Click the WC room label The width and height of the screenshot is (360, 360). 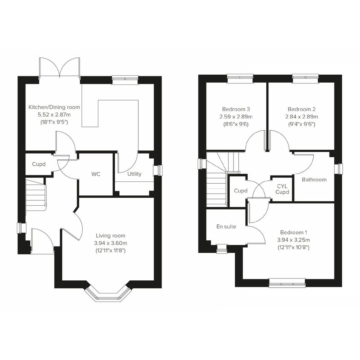(96, 174)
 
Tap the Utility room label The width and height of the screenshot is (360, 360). (134, 174)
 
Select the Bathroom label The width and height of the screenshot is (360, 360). (314, 179)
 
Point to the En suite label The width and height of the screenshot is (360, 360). (226, 227)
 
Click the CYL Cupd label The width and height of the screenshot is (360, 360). (282, 189)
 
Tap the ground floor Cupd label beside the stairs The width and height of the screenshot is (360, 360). (39, 164)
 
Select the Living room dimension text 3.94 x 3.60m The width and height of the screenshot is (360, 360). (110, 243)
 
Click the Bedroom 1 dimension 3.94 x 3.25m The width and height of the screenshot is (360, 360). (293, 240)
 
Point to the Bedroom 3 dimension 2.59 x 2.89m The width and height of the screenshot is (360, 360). (236, 117)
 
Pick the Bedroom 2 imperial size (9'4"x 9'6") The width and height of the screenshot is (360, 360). (302, 124)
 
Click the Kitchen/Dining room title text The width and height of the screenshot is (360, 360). (54, 107)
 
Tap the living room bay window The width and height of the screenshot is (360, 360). (108, 294)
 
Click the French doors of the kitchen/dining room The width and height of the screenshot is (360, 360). (60, 67)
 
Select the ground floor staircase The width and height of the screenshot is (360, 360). (36, 195)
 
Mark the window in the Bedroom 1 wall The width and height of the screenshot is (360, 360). (287, 283)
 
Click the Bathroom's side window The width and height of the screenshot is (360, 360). (339, 169)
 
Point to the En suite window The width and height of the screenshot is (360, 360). (222, 249)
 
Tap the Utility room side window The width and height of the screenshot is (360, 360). (157, 170)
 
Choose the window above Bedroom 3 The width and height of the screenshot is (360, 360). (240, 78)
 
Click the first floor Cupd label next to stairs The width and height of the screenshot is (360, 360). (241, 191)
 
